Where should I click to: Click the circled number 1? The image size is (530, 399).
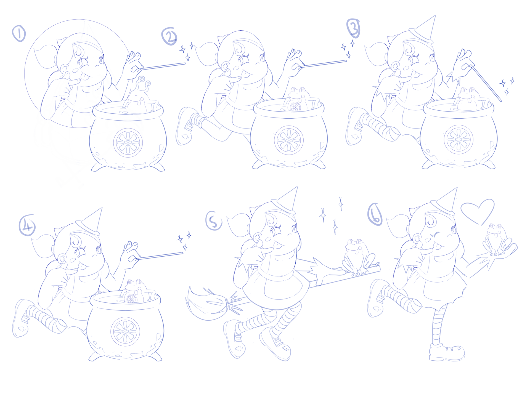19,33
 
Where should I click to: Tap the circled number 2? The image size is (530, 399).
169,36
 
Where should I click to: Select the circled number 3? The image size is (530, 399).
353,28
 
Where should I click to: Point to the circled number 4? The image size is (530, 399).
27,225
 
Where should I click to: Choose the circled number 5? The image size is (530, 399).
214,222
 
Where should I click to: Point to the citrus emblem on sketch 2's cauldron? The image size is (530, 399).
289,140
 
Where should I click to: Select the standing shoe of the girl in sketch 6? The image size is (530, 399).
447,352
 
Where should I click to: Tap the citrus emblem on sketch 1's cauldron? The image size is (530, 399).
128,143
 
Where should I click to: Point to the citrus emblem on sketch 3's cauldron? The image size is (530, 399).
459,139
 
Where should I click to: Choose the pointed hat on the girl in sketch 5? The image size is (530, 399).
285,200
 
